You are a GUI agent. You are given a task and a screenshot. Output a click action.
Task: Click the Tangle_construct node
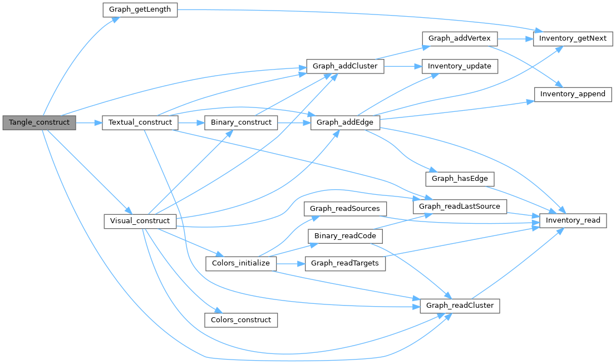(x=39, y=122)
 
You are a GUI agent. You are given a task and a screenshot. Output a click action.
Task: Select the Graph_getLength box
(x=140, y=10)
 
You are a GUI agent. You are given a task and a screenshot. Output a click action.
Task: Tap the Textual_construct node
(x=140, y=122)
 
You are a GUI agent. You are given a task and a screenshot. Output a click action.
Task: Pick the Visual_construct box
(x=140, y=221)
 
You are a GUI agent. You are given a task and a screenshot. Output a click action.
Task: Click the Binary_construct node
(x=241, y=122)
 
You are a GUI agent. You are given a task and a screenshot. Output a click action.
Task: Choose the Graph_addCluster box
(x=345, y=66)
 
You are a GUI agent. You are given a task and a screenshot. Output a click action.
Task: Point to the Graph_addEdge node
(x=345, y=122)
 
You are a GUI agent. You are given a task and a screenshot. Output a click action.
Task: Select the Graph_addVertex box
(x=460, y=38)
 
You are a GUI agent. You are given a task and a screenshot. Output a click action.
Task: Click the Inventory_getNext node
(x=573, y=38)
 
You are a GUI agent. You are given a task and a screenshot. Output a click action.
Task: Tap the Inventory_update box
(x=460, y=66)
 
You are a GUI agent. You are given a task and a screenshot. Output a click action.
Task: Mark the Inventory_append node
(x=573, y=94)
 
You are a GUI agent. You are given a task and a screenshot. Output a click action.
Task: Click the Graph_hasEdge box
(x=460, y=179)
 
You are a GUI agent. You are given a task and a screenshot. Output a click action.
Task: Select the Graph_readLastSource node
(x=460, y=206)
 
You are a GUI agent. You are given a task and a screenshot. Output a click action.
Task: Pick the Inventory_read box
(x=573, y=220)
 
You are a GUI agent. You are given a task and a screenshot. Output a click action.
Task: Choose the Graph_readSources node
(x=345, y=209)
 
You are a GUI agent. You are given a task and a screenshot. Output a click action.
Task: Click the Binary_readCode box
(x=345, y=236)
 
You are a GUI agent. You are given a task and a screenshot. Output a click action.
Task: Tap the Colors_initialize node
(x=241, y=263)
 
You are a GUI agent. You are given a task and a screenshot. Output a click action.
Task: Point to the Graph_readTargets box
(x=345, y=263)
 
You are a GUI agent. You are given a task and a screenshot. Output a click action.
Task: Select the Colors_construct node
(x=241, y=319)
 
